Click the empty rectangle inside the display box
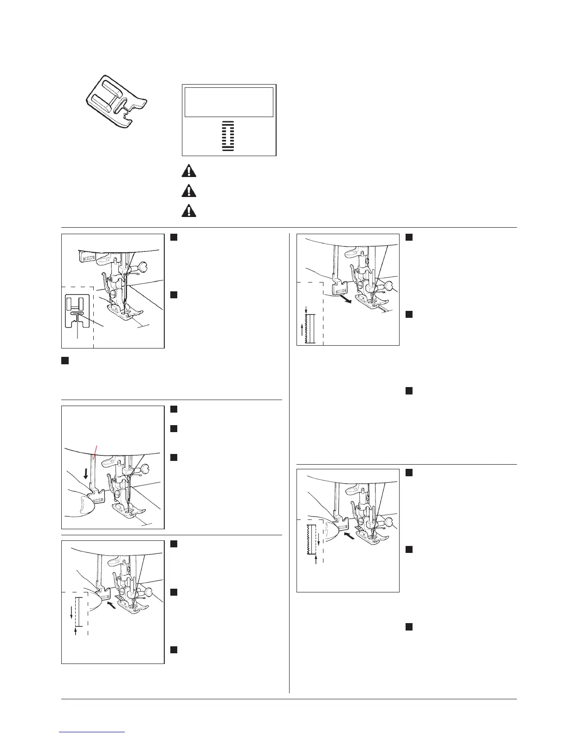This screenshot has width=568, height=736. (229, 102)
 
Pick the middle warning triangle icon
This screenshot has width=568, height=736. (188, 191)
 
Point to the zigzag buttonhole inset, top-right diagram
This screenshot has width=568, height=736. (309, 328)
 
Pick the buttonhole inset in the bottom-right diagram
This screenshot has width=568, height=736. (312, 539)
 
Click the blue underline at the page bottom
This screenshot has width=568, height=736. (92, 732)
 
